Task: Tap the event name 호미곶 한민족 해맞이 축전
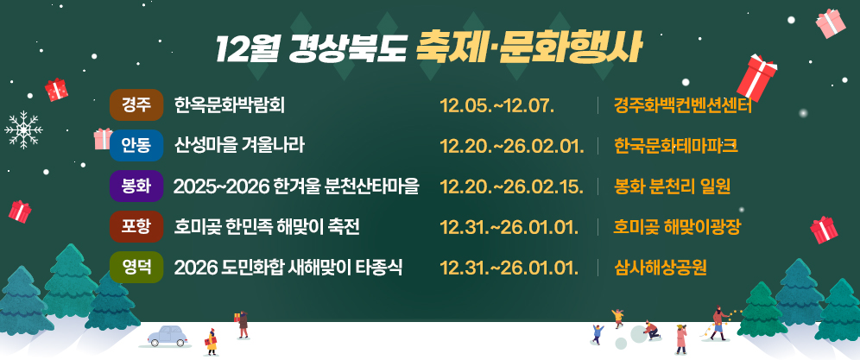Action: point(267,226)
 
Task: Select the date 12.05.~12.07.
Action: point(496,105)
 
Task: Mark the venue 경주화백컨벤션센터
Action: point(683,105)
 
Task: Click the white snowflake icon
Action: point(23,129)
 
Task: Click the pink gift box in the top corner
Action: point(832,23)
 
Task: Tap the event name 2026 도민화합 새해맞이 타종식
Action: point(288,266)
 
